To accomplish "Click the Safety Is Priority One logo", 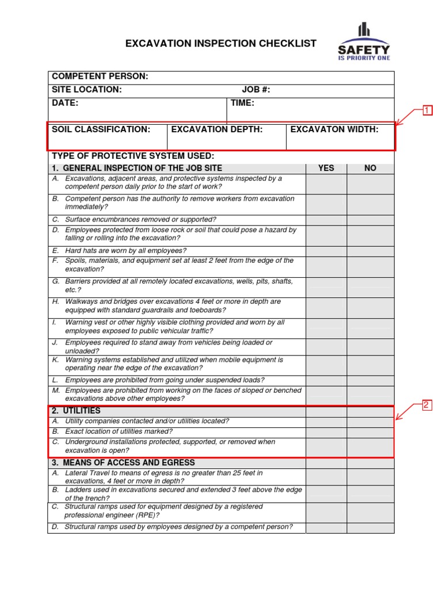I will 363,43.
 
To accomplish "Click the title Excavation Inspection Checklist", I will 221,44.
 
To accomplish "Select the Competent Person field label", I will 100,77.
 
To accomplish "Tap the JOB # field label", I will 256,90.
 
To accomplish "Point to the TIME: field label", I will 242,103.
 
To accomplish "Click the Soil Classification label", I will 101,129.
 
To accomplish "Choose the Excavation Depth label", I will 217,129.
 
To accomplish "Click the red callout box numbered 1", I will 427,111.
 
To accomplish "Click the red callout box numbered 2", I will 427,405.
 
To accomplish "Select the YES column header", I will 326,168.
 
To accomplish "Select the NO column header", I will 370,168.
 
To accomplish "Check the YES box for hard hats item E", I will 326,251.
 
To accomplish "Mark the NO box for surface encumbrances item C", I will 370,220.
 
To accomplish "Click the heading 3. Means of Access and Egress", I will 123,462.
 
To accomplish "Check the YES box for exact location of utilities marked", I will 326,432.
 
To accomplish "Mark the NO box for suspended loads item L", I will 370,380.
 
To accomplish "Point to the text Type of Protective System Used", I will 133,156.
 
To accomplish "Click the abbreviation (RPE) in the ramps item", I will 143,515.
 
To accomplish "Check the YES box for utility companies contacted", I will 326,422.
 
